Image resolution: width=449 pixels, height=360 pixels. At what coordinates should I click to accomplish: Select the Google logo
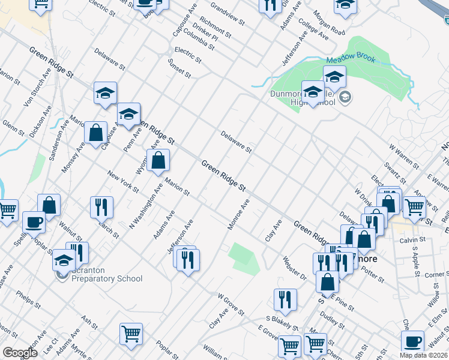(20, 353)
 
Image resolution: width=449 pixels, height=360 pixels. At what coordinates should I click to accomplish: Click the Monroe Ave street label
(238, 215)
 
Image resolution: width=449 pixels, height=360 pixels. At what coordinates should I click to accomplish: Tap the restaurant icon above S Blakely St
(285, 299)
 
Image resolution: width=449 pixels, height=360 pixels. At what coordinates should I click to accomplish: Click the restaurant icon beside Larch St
(101, 206)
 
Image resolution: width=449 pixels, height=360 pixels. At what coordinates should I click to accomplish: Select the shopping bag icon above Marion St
(158, 160)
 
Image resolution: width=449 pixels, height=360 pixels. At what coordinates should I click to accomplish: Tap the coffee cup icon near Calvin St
(412, 342)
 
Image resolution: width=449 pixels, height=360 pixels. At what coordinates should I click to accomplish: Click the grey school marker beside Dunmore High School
(345, 97)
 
